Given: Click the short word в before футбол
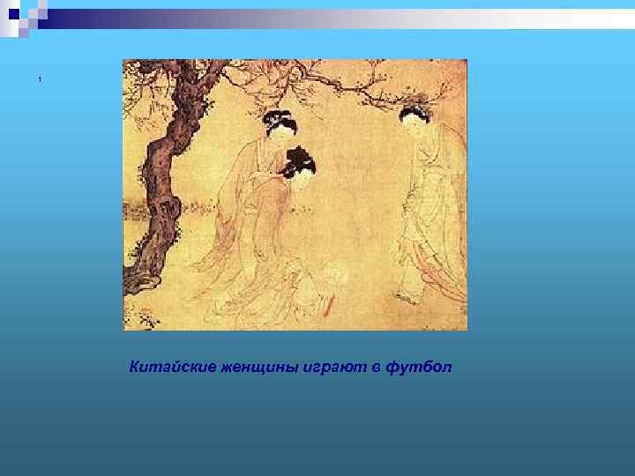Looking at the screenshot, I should click(375, 366).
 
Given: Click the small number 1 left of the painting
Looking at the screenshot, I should click(40, 81).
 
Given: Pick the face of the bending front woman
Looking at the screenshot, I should click(303, 180).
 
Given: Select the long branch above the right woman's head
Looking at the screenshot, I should click(370, 84).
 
